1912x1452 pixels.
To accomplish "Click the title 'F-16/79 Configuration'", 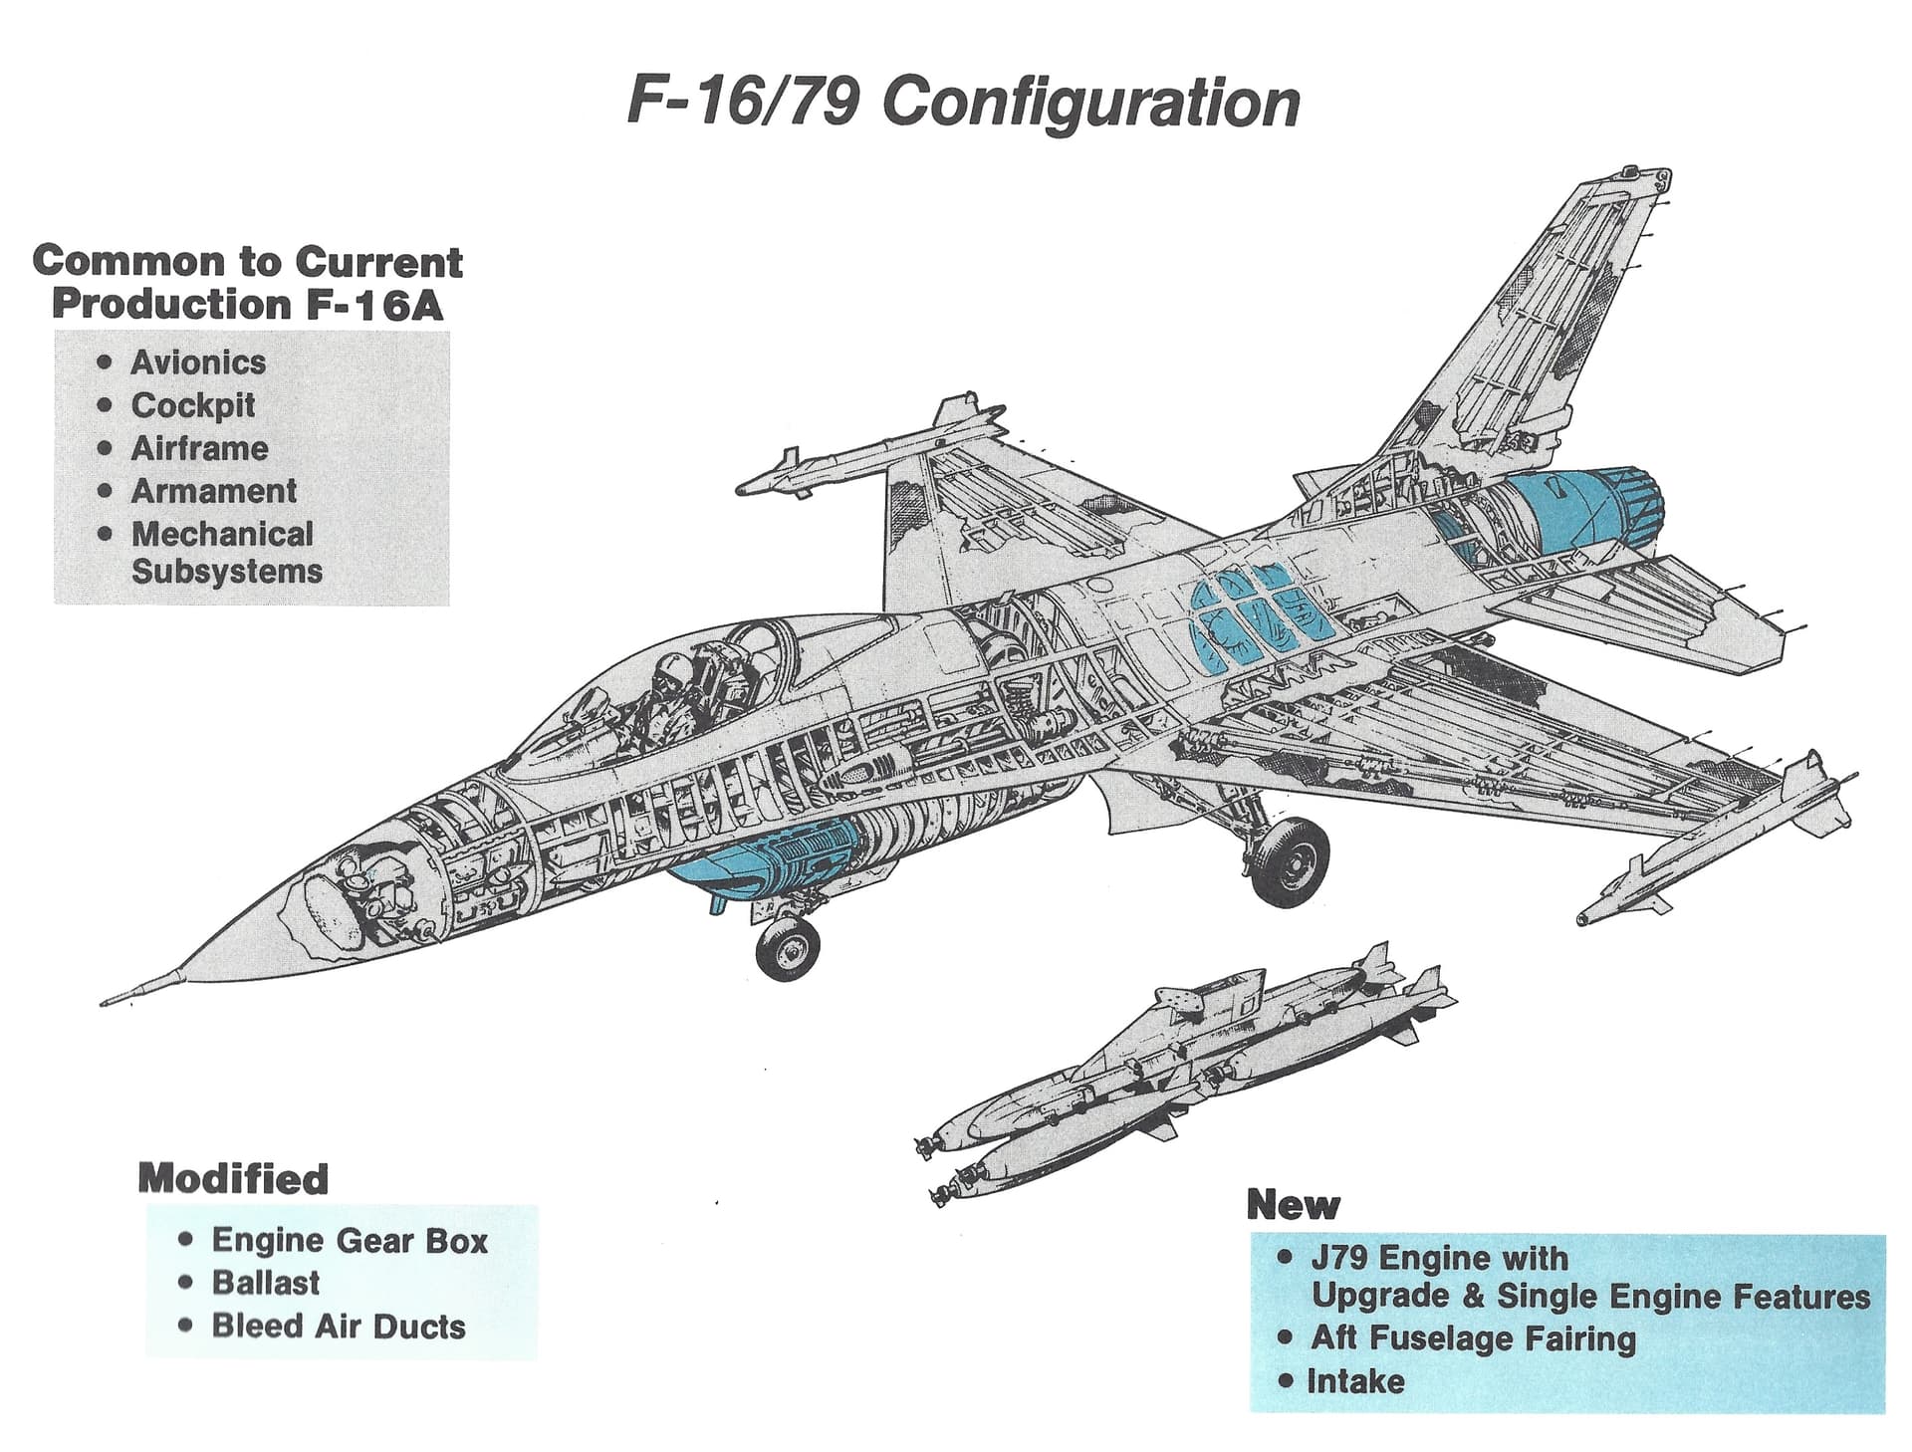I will point(963,103).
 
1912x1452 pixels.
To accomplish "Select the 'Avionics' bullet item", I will point(198,363).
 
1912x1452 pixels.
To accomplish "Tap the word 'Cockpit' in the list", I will point(193,405).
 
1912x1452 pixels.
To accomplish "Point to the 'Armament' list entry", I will point(214,491).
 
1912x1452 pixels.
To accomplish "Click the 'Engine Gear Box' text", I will point(350,1241).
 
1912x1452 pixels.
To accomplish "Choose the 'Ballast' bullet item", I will point(266,1283).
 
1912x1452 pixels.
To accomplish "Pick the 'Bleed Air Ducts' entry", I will point(339,1327).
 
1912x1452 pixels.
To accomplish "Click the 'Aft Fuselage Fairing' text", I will point(1473,1338).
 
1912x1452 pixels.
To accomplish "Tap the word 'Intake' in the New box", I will point(1355,1382).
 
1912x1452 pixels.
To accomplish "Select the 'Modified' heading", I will point(233,1179).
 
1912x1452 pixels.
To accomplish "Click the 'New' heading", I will point(1293,1205).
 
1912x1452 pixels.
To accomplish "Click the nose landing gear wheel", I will point(788,949).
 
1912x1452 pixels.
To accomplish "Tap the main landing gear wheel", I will point(1290,862).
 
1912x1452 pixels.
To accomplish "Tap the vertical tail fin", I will point(1534,329).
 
